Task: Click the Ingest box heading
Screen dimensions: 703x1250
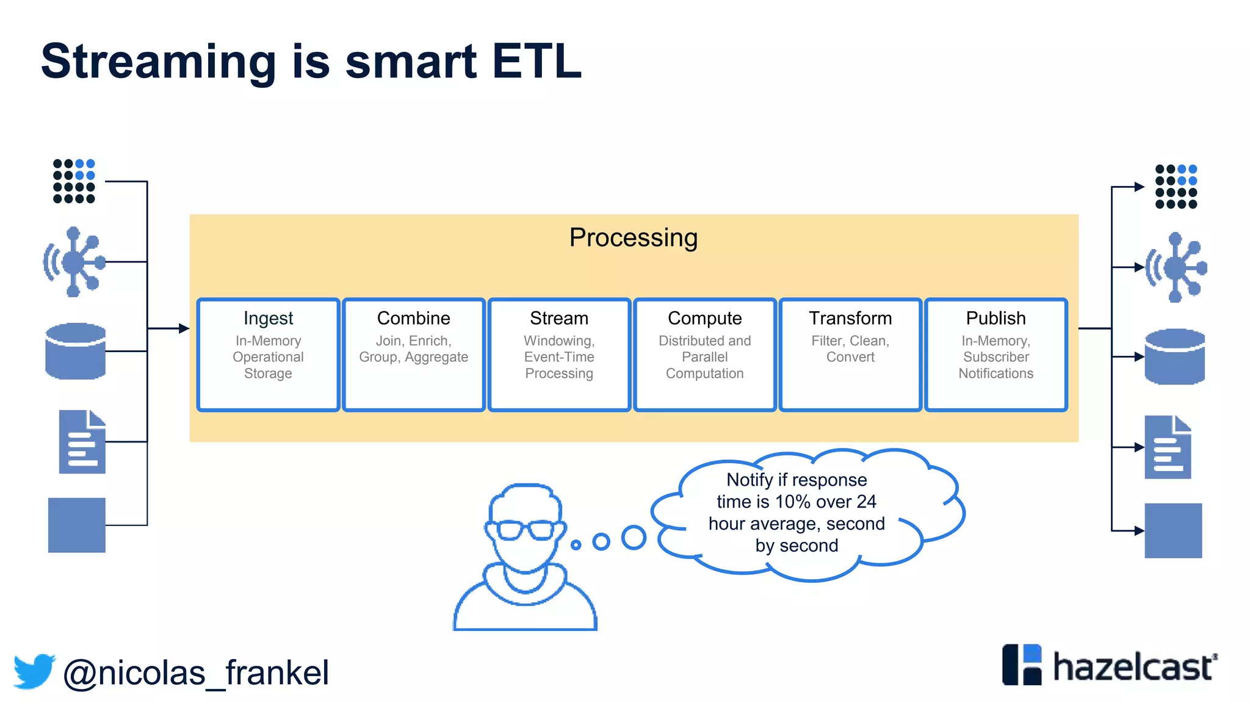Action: click(268, 318)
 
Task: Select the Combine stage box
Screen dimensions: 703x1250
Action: click(413, 355)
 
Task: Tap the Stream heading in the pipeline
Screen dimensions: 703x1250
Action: click(558, 318)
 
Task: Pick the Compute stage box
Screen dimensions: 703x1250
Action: click(704, 355)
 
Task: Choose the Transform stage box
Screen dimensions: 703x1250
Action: click(850, 355)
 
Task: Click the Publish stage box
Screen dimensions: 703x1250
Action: click(995, 355)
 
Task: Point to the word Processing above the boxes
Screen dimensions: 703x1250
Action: click(633, 237)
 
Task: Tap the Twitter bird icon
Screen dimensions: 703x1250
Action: click(34, 671)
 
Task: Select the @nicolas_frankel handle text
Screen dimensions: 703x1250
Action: click(196, 673)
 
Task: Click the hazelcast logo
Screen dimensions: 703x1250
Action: click(1109, 665)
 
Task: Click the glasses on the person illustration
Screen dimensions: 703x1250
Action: click(526, 529)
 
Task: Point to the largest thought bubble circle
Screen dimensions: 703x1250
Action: click(634, 538)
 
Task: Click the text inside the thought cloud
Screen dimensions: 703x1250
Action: click(796, 513)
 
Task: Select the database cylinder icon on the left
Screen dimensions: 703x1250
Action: click(76, 351)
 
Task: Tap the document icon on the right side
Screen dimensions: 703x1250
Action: click(1168, 447)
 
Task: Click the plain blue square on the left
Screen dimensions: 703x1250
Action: click(77, 525)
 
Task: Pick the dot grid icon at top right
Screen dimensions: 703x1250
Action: click(1176, 186)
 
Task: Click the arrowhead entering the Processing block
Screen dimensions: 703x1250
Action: click(184, 328)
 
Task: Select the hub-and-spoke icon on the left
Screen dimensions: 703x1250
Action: click(74, 262)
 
